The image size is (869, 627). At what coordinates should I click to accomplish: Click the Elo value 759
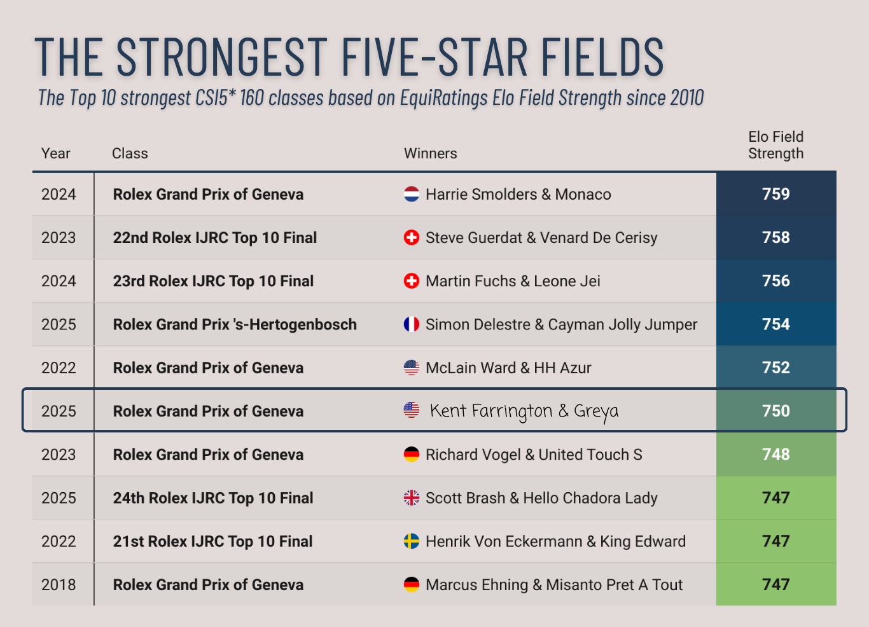[775, 194]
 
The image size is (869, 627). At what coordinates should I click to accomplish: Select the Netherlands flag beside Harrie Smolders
[412, 194]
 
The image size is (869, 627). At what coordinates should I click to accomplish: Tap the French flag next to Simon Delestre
[412, 324]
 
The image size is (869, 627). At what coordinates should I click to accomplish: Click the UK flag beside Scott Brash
[412, 498]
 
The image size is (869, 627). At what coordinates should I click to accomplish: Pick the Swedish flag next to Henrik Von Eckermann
[412, 541]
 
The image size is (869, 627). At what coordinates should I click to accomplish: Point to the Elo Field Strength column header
[775, 145]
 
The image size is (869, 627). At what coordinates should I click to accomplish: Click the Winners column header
[430, 153]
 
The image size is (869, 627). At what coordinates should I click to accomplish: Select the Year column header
[56, 153]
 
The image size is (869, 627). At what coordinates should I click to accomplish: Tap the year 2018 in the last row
[59, 584]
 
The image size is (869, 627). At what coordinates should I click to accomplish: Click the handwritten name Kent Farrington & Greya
[524, 411]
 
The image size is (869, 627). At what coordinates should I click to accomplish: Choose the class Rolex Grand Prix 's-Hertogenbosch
[235, 324]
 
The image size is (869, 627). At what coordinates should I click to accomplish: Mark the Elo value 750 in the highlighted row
[775, 411]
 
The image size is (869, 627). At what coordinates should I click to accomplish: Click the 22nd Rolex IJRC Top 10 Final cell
[214, 238]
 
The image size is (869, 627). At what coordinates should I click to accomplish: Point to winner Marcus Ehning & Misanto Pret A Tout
[553, 584]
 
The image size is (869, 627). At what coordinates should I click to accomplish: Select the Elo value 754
[775, 324]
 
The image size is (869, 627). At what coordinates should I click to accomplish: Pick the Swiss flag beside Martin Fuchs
[412, 280]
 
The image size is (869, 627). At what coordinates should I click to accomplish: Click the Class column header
[130, 153]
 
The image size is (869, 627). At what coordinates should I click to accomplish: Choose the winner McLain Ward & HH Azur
[508, 368]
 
